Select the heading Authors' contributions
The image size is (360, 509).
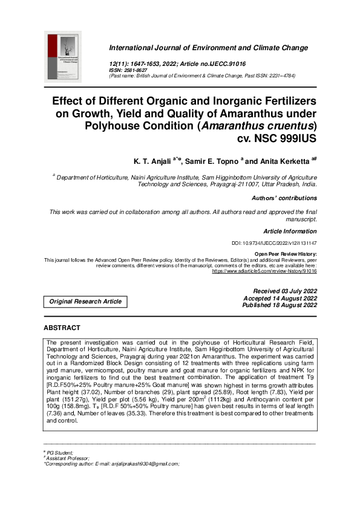tap(284, 198)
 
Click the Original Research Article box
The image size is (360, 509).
tap(85, 301)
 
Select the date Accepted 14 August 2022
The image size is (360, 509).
tap(280, 298)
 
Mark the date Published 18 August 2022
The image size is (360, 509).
tap(280, 305)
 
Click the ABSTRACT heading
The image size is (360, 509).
tap(62, 328)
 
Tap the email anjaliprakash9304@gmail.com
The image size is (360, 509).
tap(141, 481)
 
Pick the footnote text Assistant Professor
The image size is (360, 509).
tap(68, 475)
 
